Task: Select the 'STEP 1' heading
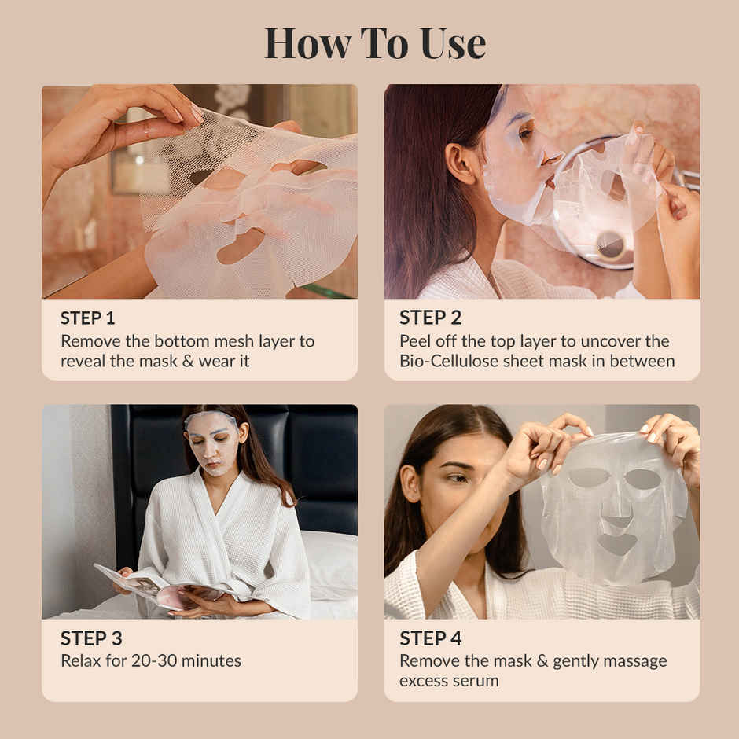[x=87, y=318]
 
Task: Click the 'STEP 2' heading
[x=430, y=318]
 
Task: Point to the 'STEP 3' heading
[x=90, y=638]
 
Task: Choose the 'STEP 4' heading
[x=430, y=638]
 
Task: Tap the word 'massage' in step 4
[x=636, y=660]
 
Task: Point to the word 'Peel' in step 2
[x=415, y=341]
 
